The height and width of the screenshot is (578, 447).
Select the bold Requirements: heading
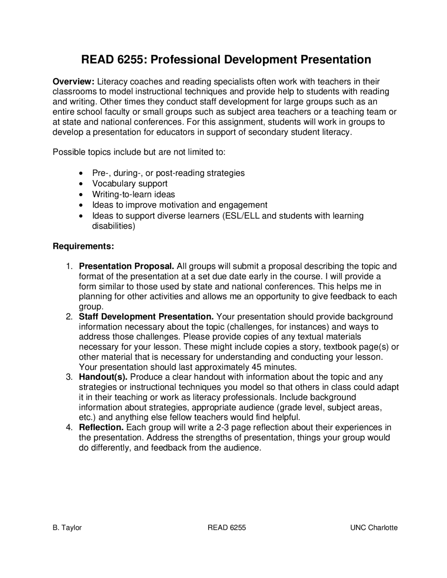pyautogui.click(x=83, y=246)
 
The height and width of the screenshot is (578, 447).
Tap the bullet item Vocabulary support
pyautogui.click(x=130, y=184)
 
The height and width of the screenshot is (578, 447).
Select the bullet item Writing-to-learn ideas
pyautogui.click(x=133, y=194)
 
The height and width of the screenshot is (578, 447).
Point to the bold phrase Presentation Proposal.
pyautogui.click(x=126, y=266)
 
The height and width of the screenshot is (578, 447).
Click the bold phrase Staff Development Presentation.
pyautogui.click(x=146, y=317)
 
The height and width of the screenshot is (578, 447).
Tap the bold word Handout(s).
pyautogui.click(x=103, y=377)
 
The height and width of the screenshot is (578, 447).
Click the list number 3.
pyautogui.click(x=69, y=377)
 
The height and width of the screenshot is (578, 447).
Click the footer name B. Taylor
pyautogui.click(x=67, y=527)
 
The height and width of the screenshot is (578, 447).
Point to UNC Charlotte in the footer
pyautogui.click(x=374, y=527)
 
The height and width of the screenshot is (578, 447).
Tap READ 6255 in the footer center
pyautogui.click(x=227, y=527)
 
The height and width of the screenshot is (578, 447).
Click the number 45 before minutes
pyautogui.click(x=256, y=367)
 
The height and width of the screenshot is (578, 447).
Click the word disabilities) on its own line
pyautogui.click(x=113, y=226)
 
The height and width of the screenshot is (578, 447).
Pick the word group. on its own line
pyautogui.click(x=91, y=307)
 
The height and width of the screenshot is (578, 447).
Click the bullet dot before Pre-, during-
pyautogui.click(x=81, y=173)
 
